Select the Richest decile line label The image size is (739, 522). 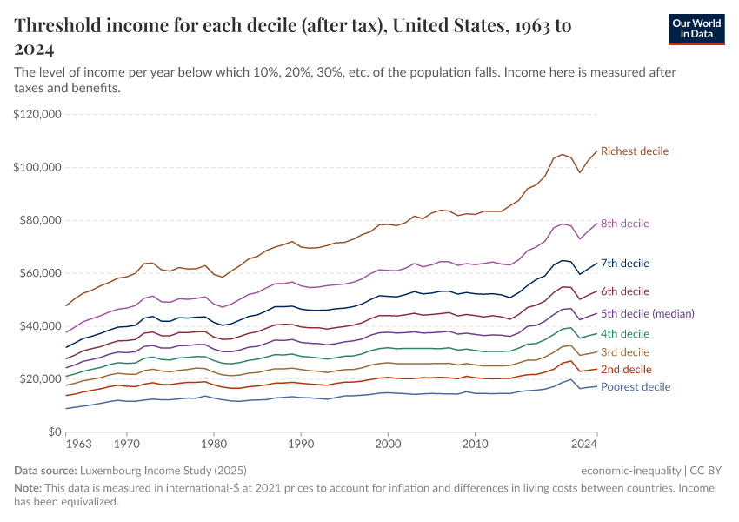(x=635, y=151)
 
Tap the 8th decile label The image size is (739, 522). (x=625, y=224)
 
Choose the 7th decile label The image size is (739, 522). (x=625, y=263)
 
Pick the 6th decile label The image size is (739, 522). (x=625, y=291)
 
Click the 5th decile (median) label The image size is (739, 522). (x=648, y=313)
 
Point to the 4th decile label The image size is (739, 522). (x=625, y=334)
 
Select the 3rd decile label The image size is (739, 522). (x=624, y=352)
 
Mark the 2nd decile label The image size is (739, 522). (x=625, y=370)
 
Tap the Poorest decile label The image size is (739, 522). (x=636, y=387)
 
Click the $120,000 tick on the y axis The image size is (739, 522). (x=37, y=114)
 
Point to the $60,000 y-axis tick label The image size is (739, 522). (x=39, y=273)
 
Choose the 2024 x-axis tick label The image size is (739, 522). (x=584, y=445)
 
